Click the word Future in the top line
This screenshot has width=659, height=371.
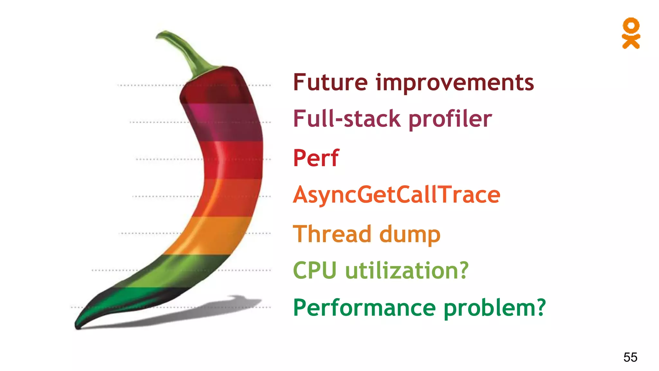330,83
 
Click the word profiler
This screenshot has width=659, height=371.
450,119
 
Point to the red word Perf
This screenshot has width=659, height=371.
316,158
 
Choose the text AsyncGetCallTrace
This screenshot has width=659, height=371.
396,195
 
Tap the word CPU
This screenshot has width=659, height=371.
315,271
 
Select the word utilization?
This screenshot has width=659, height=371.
407,271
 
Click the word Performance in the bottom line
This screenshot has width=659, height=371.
364,308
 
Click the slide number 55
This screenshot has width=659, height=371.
630,357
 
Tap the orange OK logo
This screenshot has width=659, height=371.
631,33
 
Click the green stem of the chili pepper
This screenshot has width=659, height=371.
187,52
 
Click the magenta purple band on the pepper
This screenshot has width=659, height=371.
225,122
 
